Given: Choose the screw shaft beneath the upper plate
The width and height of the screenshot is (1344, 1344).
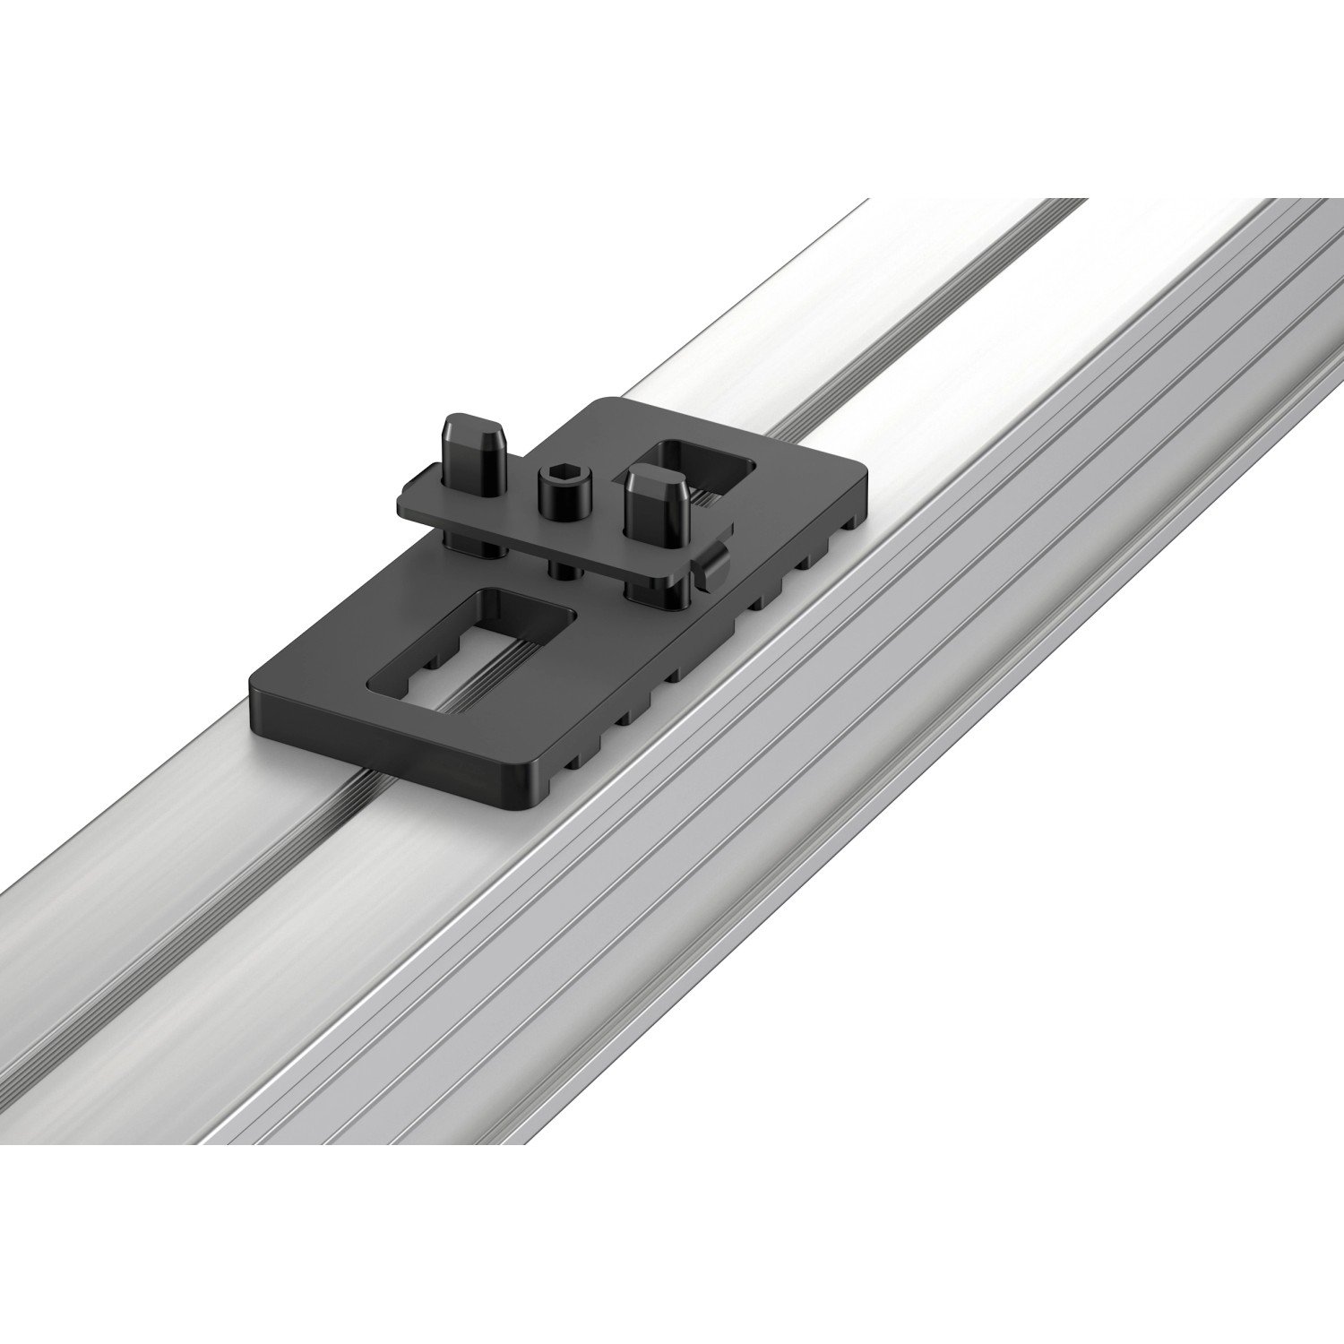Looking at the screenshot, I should [560, 569].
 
